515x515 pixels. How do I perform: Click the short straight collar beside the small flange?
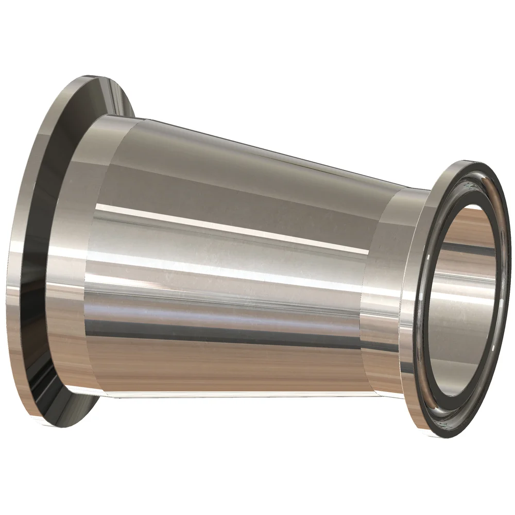pyautogui.click(x=384, y=288)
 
